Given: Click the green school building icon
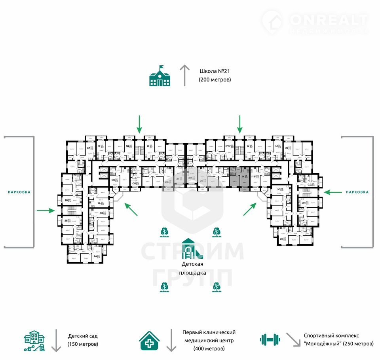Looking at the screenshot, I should click(160, 76).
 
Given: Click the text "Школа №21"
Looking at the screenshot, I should click(215, 72).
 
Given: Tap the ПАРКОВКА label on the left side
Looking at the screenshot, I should click(19, 192).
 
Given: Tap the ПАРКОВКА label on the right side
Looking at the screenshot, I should click(357, 192).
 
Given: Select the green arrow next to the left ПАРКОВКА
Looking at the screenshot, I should click(46, 210).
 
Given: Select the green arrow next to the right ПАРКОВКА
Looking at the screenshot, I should click(332, 192).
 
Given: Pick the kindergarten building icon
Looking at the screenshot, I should click(34, 340).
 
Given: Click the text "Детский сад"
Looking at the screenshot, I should click(83, 335).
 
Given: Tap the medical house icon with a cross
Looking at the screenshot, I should click(149, 340).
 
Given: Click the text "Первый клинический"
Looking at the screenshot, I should click(209, 332).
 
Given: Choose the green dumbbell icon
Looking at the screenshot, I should click(270, 339).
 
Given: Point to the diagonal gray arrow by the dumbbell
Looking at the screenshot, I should click(293, 339).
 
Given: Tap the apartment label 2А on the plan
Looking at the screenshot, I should click(95, 256).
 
